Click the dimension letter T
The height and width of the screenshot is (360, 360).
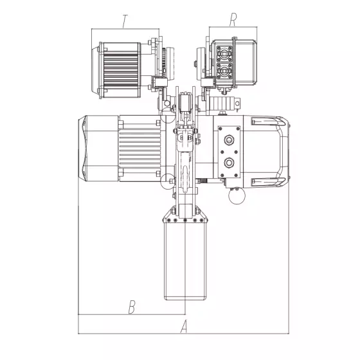[125, 21]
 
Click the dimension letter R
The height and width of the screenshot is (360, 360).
[233, 19]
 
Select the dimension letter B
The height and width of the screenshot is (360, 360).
[132, 307]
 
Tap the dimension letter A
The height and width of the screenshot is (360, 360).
[184, 327]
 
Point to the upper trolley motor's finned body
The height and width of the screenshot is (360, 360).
[121, 70]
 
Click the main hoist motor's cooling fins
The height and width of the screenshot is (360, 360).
[140, 148]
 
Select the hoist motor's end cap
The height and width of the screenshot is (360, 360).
[99, 148]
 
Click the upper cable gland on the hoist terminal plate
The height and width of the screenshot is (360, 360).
[229, 139]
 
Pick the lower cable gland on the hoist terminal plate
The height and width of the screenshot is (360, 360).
[229, 163]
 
